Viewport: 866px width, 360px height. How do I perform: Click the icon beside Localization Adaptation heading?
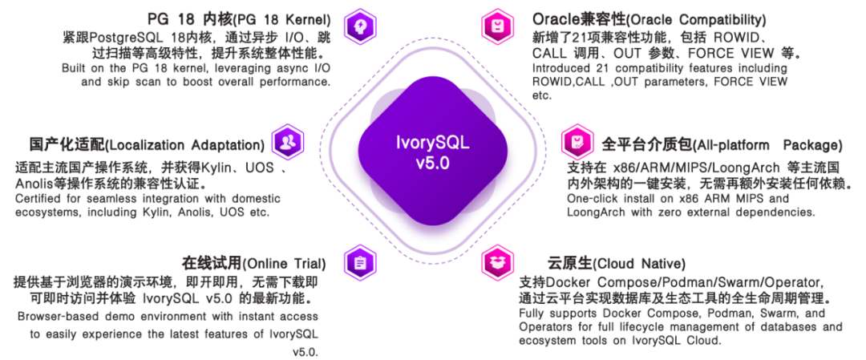pos(287,143)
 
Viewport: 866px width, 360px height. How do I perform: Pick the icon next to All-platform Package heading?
pos(575,143)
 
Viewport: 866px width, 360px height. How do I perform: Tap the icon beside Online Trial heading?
pos(358,261)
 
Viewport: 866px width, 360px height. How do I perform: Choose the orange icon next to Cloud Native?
pos(498,261)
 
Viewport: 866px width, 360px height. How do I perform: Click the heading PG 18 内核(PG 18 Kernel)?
pos(239,18)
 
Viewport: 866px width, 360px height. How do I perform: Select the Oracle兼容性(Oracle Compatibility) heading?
pos(649,18)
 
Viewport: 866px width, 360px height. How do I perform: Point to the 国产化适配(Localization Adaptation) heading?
pos(148,145)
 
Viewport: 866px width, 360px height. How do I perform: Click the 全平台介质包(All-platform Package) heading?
pos(722,145)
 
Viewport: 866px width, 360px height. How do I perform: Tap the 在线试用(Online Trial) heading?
pos(253,264)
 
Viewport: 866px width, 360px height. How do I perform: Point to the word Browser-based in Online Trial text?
pos(54,316)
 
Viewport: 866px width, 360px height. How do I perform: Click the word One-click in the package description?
pos(593,198)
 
